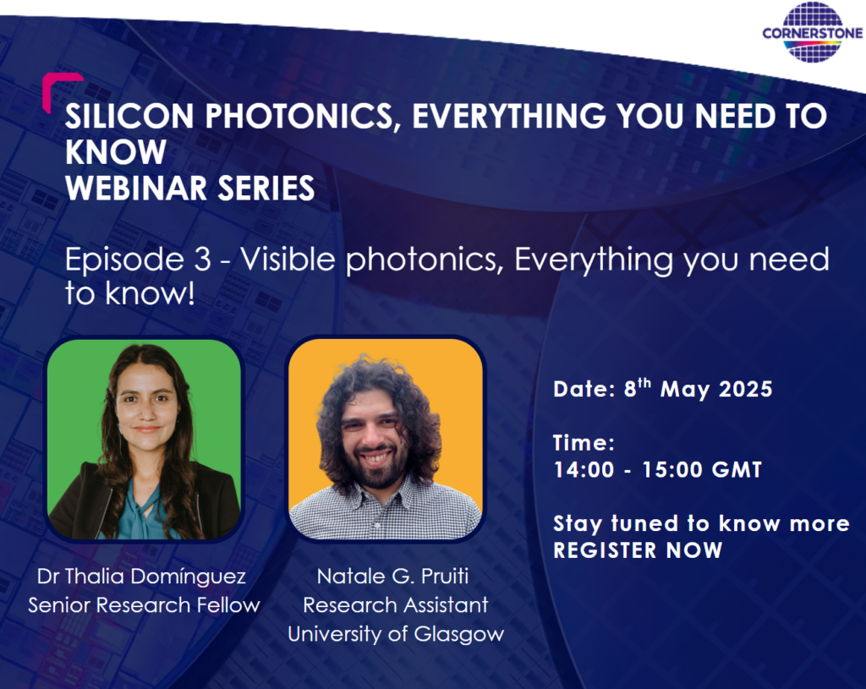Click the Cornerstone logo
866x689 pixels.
(813, 32)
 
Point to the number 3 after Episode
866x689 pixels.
(203, 260)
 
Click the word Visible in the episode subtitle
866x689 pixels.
(288, 259)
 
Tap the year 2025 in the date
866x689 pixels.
(745, 389)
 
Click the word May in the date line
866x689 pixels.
(685, 391)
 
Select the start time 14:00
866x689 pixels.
(584, 470)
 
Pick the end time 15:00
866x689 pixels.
(672, 470)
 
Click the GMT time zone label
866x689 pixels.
(737, 470)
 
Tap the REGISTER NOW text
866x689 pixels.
(638, 550)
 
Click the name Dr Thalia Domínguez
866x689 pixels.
(141, 577)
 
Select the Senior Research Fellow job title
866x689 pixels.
(144, 605)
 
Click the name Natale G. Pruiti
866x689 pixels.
(392, 577)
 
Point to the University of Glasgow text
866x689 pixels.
(396, 634)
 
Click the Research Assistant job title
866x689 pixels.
(396, 605)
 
